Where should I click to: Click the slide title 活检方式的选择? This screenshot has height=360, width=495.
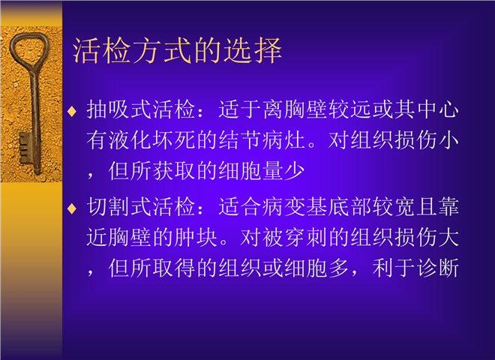(x=177, y=50)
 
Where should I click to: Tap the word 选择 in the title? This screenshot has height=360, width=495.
(x=252, y=50)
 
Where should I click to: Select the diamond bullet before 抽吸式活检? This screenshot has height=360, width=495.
(x=72, y=111)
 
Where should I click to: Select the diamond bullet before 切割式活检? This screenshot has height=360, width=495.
(x=72, y=208)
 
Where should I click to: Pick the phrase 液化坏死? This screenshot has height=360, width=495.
(x=152, y=140)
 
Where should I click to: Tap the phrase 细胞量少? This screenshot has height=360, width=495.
(x=262, y=171)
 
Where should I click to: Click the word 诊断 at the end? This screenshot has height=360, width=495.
(x=438, y=268)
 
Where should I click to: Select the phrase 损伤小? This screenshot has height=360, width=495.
(x=427, y=140)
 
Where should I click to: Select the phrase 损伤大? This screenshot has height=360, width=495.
(x=427, y=237)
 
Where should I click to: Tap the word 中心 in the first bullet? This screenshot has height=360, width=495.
(x=438, y=109)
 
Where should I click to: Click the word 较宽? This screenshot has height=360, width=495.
(x=394, y=207)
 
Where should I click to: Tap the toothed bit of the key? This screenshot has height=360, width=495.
(x=25, y=148)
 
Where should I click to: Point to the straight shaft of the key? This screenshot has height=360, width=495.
(x=34, y=120)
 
